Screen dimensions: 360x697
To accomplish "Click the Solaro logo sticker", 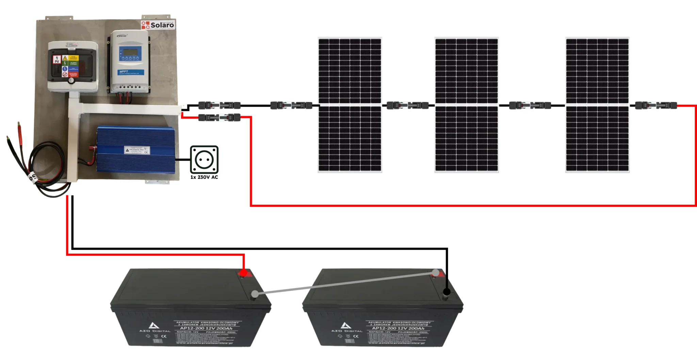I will pos(158,25).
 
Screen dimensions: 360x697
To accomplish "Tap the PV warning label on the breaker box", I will pos(56,60).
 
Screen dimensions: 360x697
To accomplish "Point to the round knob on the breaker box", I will pos(71,81).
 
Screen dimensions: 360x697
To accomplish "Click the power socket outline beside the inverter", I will pos(204,159).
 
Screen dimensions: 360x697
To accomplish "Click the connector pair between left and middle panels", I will pos(408,106).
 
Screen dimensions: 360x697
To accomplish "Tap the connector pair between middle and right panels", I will pos(529,106).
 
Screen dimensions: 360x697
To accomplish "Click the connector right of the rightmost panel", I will pos(655,106).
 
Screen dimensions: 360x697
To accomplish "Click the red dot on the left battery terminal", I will pos(243,274).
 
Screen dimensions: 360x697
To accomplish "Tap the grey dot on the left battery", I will pos(255,294).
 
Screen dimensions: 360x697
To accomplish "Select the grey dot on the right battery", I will pos(436,273).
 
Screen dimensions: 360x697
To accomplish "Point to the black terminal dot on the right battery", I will pos(447,292).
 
